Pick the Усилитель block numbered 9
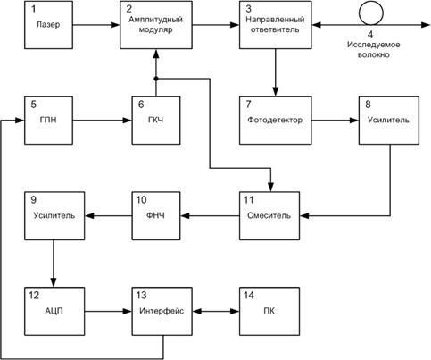(47, 214)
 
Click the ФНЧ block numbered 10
(156, 214)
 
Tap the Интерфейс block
(156, 312)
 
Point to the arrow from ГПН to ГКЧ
(103, 117)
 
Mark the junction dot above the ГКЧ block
(157, 78)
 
